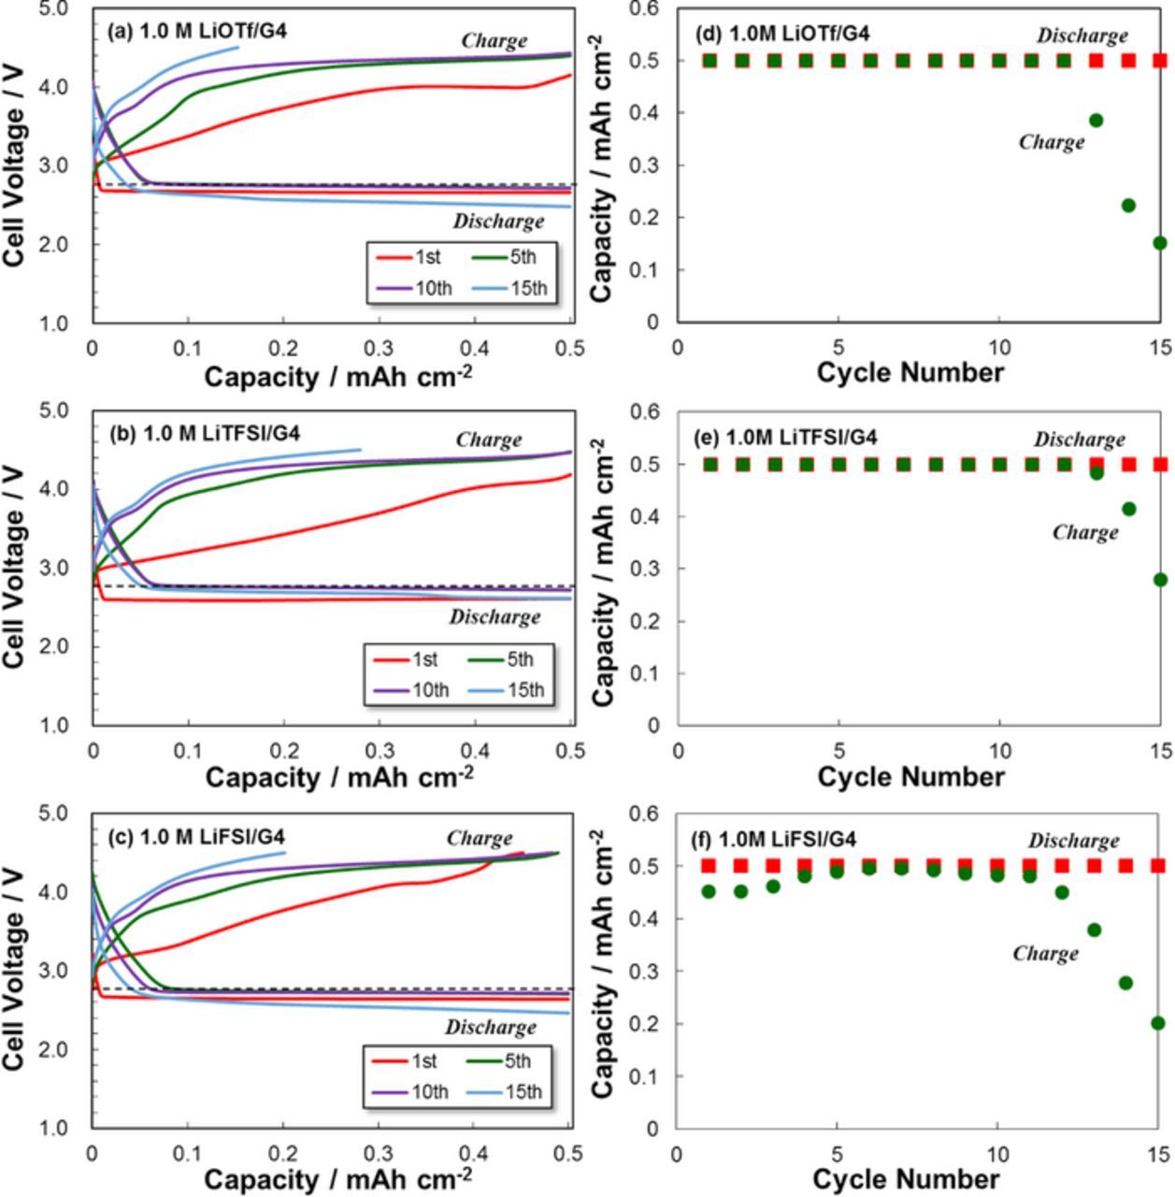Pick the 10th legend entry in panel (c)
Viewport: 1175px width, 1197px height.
[410, 1091]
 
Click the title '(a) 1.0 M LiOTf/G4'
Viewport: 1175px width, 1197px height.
[197, 31]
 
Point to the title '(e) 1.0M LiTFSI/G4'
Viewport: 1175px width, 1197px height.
[785, 437]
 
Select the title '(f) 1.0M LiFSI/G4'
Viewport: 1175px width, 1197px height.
[774, 840]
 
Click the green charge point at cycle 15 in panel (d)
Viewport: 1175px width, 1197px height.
[1160, 243]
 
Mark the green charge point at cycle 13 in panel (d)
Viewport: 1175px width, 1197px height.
[1096, 121]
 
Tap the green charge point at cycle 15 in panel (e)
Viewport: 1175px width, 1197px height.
[1160, 580]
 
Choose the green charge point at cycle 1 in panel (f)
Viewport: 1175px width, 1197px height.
[709, 892]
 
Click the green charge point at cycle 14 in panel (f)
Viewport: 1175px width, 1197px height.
[1125, 983]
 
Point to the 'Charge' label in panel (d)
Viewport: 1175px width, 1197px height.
[1052, 142]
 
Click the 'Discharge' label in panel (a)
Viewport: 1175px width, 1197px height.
[498, 222]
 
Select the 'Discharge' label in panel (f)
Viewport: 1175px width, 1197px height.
[1073, 841]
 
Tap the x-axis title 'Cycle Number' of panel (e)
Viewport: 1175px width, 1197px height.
[910, 776]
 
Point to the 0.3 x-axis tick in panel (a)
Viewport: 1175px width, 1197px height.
[380, 349]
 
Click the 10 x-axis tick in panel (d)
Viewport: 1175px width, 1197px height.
[999, 348]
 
